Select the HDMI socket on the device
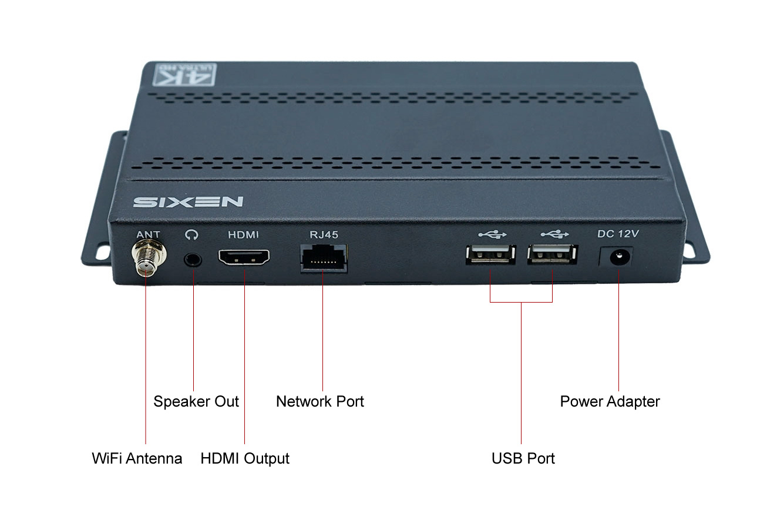pos(244,257)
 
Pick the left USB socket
pos(490,254)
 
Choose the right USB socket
pos(552,254)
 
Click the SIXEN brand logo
pos(188,202)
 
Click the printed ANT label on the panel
pos(148,234)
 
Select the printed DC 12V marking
pos(618,233)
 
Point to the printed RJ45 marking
pos(324,234)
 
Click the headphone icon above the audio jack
pos(191,234)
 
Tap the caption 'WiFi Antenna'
pos(137,458)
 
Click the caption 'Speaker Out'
pos(196,402)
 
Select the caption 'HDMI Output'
pos(245,458)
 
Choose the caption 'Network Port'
pos(320,402)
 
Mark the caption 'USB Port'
pos(523,458)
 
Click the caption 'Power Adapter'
pos(610,402)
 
